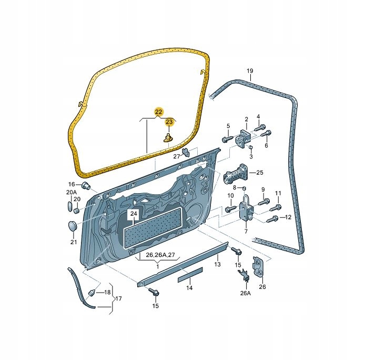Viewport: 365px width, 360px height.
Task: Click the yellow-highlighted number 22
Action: (x=158, y=112)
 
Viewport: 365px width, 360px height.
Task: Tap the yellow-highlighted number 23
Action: (x=169, y=122)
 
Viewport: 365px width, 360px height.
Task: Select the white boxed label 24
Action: (x=134, y=214)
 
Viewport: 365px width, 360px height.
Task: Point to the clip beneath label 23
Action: (x=168, y=138)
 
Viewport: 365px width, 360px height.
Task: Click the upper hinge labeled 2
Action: (x=243, y=139)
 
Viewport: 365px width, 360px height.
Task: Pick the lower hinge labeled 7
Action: (x=246, y=208)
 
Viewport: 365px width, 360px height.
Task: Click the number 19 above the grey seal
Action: (x=250, y=71)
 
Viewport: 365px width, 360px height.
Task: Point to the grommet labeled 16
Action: (x=85, y=186)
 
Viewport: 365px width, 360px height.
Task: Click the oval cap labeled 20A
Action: (x=69, y=206)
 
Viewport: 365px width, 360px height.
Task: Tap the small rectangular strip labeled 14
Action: (x=190, y=275)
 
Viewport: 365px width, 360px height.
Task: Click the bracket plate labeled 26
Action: (x=259, y=266)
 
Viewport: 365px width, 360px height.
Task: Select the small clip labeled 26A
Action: (x=244, y=275)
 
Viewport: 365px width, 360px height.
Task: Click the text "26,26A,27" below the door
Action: (x=160, y=255)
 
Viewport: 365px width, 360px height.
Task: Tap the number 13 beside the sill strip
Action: (x=217, y=264)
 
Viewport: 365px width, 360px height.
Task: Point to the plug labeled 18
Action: (x=92, y=293)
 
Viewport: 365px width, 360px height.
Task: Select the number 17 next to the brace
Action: (x=118, y=298)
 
